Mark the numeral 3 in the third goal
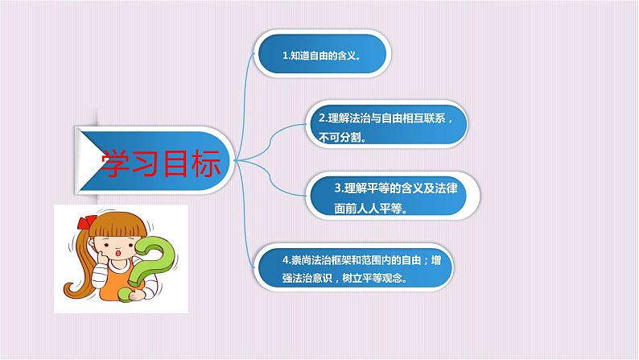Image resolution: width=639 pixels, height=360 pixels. click(x=337, y=189)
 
